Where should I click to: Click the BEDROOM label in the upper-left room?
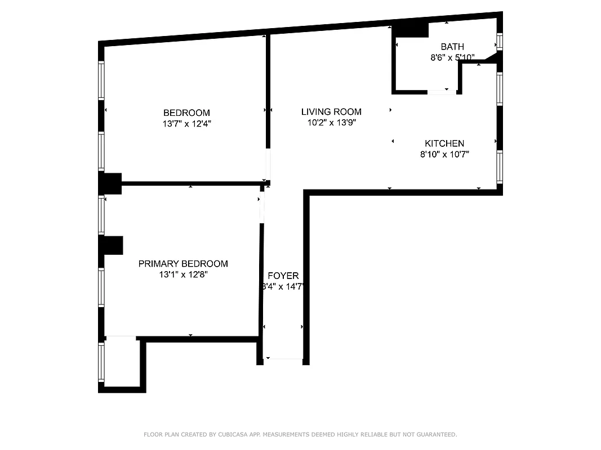pos(186,112)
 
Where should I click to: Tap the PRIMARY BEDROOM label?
pos(183,264)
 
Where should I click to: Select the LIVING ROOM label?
pos(331,112)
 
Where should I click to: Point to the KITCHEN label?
pos(444,143)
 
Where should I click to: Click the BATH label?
pos(452,47)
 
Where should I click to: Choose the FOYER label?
pos(283,276)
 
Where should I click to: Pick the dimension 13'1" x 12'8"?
pos(183,275)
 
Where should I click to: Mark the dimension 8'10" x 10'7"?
pos(444,155)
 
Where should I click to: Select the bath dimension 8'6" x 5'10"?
pos(452,57)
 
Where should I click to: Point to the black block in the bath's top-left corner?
pos(409,29)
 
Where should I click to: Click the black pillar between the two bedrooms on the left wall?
pos(110,183)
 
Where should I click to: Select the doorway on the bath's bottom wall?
pos(442,92)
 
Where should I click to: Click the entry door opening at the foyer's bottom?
pos(283,359)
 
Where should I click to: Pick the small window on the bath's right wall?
pos(498,42)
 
